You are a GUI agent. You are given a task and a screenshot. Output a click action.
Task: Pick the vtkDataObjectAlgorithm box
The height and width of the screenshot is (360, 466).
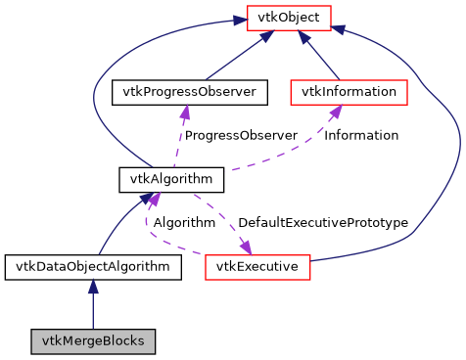[92, 266]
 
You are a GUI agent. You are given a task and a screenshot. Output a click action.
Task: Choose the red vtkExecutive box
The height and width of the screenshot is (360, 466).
[257, 266]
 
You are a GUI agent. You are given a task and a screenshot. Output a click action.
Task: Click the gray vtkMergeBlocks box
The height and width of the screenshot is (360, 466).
[92, 341]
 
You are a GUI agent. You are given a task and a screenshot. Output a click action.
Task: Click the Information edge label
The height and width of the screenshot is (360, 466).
[361, 135]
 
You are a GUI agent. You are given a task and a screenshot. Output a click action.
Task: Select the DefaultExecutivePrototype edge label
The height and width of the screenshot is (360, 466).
[322, 222]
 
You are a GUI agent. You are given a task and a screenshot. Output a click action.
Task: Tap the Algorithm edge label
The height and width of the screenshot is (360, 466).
[183, 222]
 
